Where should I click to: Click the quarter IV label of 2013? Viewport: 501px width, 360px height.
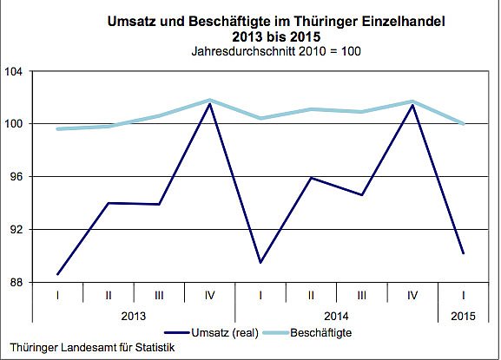209,296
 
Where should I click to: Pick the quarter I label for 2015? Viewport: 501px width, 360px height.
464,296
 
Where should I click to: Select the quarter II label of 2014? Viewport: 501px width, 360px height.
311,296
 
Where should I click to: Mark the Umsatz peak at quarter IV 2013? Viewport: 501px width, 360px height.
209,105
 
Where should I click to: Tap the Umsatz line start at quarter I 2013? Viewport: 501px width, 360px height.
57,274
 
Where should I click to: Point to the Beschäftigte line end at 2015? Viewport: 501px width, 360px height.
464,123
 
